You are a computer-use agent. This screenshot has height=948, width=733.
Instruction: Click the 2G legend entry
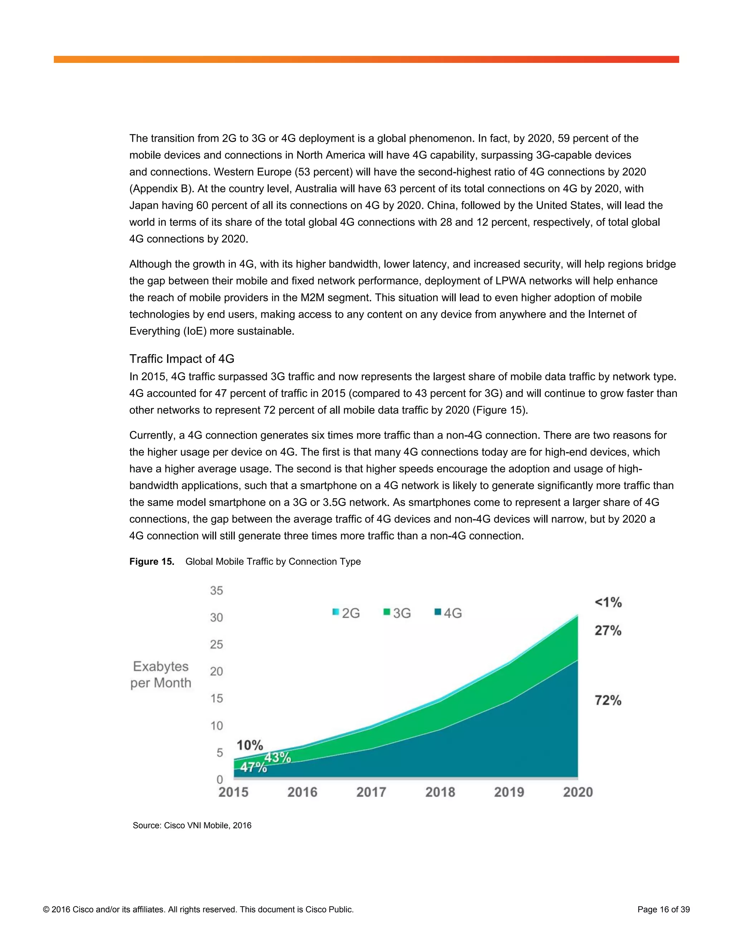(x=346, y=613)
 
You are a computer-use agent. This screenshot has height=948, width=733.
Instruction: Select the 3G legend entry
(x=397, y=613)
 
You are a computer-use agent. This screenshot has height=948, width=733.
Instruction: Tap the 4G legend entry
(x=448, y=613)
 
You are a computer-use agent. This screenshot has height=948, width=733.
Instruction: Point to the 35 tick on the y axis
(x=216, y=590)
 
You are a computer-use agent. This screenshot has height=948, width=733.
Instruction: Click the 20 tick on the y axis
(x=216, y=671)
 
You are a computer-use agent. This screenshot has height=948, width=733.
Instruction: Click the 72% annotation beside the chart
(x=608, y=700)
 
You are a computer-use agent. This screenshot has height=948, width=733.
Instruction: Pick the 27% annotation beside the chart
(x=608, y=630)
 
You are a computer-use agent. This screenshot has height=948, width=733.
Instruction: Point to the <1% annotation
(x=608, y=602)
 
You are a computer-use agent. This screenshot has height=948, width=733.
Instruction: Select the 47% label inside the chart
(x=253, y=767)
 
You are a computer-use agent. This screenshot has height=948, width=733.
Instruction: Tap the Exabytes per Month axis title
(x=161, y=675)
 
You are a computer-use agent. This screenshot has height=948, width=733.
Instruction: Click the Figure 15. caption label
(x=151, y=562)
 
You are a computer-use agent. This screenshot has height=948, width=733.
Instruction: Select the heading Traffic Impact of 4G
(x=181, y=358)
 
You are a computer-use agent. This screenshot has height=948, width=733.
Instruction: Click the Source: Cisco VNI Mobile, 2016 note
(x=192, y=826)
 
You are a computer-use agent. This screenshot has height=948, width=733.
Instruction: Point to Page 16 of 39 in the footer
(x=663, y=909)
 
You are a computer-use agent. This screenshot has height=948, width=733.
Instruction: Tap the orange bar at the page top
(x=366, y=59)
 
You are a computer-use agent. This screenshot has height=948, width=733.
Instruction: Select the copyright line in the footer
(x=198, y=909)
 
